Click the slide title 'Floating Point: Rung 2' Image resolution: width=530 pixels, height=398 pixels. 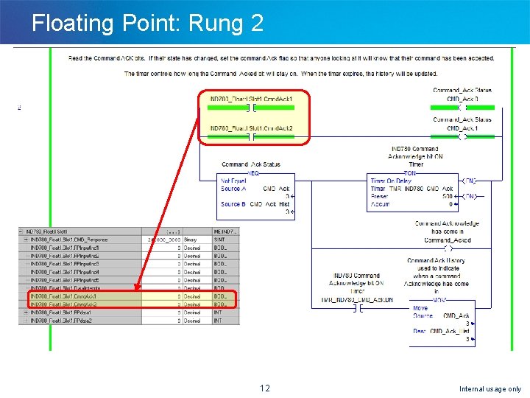[147, 23]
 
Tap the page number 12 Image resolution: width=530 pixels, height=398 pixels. [265, 388]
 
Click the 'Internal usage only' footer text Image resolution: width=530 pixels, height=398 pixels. [490, 388]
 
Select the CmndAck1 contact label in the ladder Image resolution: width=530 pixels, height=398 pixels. [251, 99]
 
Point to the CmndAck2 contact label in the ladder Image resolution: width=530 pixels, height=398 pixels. [251, 129]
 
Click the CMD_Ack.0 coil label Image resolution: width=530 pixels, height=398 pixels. [462, 99]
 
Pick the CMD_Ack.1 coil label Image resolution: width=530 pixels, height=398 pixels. [462, 128]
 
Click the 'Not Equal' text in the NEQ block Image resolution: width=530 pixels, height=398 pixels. [233, 181]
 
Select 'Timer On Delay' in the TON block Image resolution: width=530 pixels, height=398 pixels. [390, 181]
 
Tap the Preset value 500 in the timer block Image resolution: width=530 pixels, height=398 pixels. [448, 196]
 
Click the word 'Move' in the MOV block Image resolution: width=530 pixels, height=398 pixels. [420, 308]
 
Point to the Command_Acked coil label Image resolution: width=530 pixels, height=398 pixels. [448, 240]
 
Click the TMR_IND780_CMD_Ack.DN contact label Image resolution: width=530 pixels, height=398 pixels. [356, 300]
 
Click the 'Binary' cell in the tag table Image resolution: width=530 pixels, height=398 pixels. [191, 240]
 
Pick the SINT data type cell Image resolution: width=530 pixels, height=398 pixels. [219, 240]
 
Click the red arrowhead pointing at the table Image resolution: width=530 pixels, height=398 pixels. [137, 290]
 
